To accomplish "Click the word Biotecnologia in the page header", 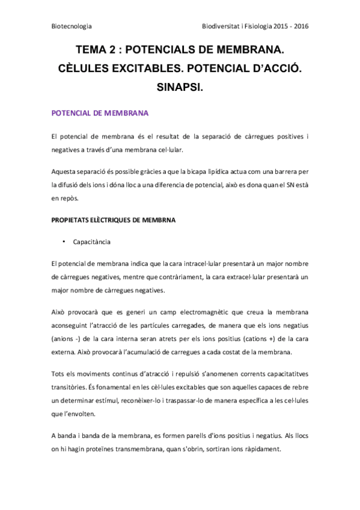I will pos(72,26).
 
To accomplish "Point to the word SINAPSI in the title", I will pos(180,88).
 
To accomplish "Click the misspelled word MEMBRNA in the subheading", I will pos(157,220).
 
